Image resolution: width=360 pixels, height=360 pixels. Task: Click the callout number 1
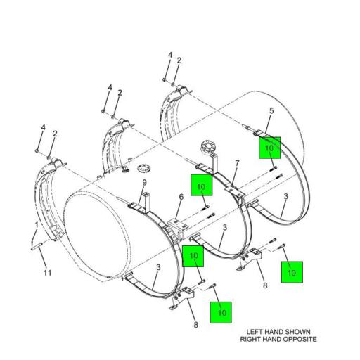click(37, 225)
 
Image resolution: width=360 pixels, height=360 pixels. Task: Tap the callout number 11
click(48, 272)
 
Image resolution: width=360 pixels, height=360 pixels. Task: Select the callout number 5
click(271, 111)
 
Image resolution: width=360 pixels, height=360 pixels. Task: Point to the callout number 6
click(181, 198)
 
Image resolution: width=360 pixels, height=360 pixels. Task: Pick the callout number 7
click(237, 163)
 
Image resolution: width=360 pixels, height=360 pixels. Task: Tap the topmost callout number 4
click(169, 55)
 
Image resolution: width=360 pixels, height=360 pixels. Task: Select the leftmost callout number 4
click(43, 127)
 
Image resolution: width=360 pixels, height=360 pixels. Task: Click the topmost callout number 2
click(179, 60)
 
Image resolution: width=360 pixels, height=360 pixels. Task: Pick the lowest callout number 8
click(196, 324)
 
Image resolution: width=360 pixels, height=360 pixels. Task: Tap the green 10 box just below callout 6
click(193, 256)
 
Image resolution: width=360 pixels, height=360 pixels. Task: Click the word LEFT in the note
click(256, 332)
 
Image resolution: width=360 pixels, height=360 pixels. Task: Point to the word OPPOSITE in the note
click(298, 339)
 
